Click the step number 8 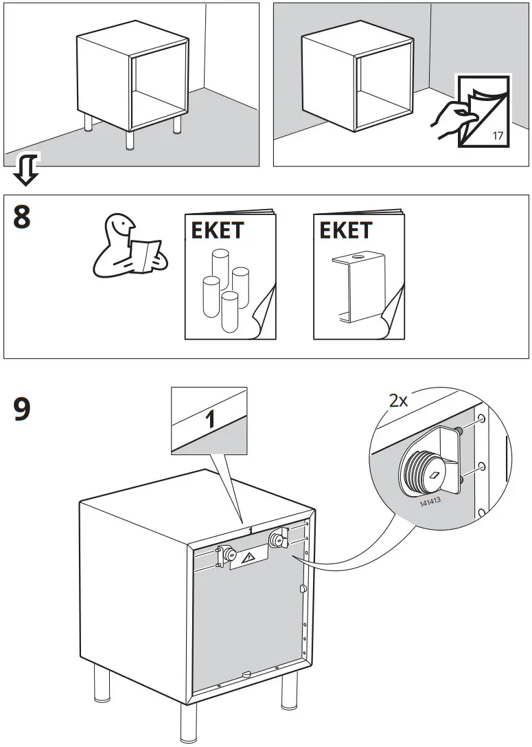coord(22,217)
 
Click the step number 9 coord(22,410)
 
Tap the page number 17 coord(498,135)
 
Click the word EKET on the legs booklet coord(217,230)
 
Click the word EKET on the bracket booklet coord(346,230)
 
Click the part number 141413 coord(431,502)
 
